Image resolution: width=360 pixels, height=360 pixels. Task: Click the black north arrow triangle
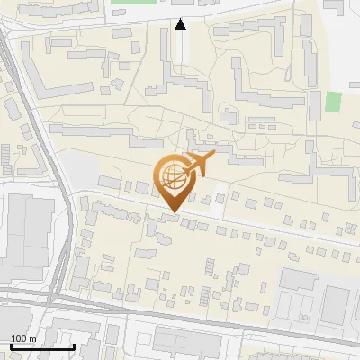point(181,24)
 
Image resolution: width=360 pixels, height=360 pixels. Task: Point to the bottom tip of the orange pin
point(172,212)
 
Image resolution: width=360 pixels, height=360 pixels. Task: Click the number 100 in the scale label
point(19,338)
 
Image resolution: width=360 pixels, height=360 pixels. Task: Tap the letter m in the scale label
point(32,338)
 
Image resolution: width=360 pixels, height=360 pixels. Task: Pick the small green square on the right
point(334,101)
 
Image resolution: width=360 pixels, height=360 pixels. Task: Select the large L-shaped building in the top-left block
point(54,81)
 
